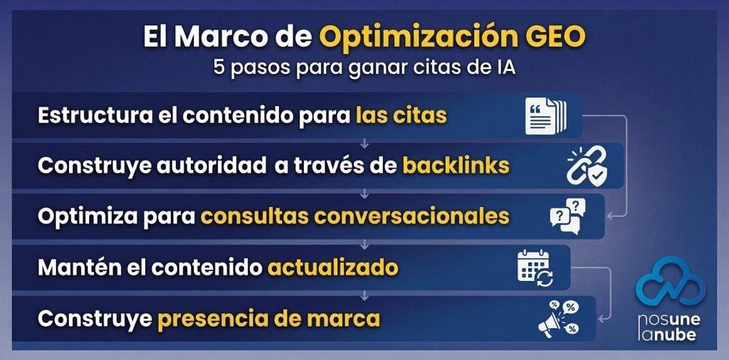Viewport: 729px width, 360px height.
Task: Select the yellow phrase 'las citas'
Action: [402, 115]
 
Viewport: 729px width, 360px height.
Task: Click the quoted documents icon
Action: [546, 115]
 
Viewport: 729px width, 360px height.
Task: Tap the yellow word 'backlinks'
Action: [456, 166]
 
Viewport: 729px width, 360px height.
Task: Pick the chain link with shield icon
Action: [587, 166]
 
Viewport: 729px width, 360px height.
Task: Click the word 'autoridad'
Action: [212, 166]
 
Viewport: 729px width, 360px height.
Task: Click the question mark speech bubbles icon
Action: [567, 216]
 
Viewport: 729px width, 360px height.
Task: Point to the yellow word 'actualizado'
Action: [332, 268]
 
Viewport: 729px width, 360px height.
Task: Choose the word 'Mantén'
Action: [74, 268]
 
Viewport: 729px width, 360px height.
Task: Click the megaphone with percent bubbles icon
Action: [558, 319]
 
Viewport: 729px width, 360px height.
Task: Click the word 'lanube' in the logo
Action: [667, 334]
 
